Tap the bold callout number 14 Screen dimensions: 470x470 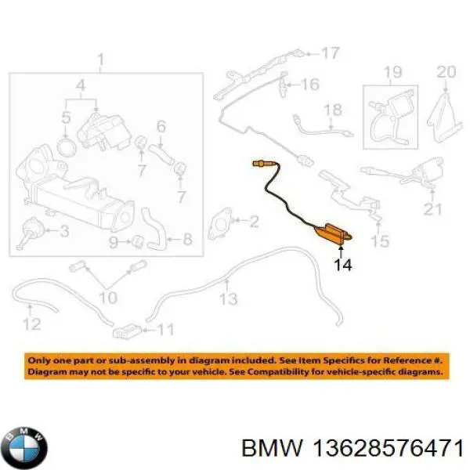(x=343, y=265)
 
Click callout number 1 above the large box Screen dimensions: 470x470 (x=101, y=60)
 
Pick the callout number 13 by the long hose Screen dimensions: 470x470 (x=229, y=299)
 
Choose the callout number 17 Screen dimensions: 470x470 (x=331, y=52)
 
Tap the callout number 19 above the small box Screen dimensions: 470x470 (x=393, y=72)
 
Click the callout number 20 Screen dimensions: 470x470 (x=446, y=72)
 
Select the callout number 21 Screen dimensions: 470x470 (x=433, y=209)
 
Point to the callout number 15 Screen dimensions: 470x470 (x=380, y=241)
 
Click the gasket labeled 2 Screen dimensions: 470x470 (x=219, y=224)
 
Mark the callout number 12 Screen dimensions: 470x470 (x=32, y=324)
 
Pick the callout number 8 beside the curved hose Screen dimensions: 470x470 (x=187, y=239)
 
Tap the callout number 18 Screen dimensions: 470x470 (x=334, y=110)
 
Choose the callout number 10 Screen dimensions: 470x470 (x=108, y=298)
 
